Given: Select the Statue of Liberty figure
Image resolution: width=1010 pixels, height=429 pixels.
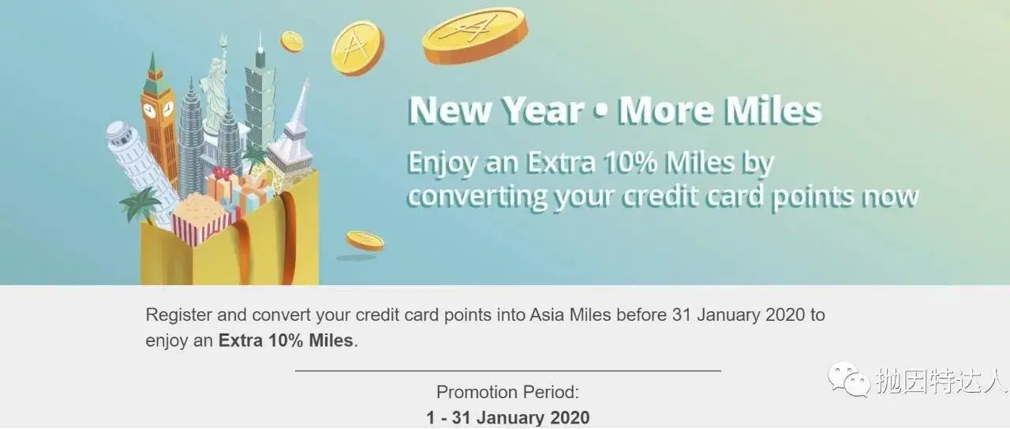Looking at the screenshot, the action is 215,90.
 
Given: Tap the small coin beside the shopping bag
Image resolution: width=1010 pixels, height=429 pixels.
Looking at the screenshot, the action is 365,240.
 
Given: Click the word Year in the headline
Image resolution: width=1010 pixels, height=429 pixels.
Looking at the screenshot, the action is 543,110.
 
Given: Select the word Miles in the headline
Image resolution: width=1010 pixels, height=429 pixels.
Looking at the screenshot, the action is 772,110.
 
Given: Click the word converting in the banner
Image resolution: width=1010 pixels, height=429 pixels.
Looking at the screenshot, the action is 477,197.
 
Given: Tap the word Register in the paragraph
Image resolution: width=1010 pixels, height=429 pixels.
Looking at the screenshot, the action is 178,315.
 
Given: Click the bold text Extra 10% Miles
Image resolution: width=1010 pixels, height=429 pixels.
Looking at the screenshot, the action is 286,341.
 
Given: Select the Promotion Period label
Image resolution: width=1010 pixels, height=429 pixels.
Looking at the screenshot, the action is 507,392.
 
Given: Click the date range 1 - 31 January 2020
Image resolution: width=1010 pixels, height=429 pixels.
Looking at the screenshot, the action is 507,418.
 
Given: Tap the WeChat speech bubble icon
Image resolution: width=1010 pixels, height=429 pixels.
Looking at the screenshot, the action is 848,379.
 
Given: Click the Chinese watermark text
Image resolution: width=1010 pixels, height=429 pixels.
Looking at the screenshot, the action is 942,380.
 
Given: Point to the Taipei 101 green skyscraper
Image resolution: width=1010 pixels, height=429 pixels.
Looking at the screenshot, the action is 260,95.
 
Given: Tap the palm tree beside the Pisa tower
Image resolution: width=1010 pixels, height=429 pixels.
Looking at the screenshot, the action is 140,203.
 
